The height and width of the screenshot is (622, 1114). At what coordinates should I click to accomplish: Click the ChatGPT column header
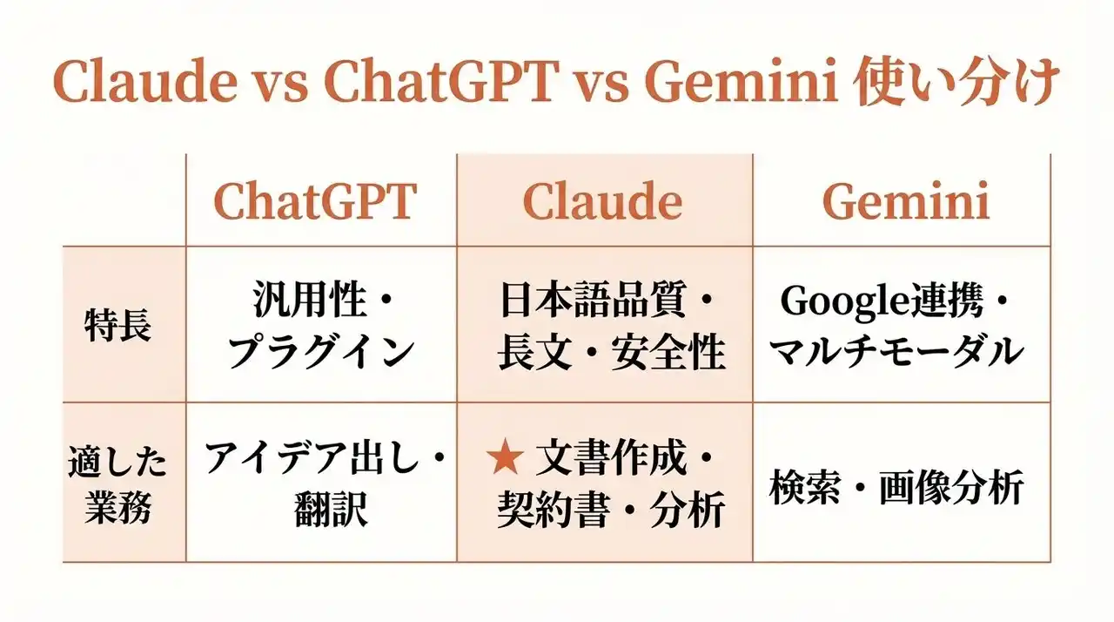coord(315,201)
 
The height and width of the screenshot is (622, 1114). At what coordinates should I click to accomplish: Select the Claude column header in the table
coord(603,201)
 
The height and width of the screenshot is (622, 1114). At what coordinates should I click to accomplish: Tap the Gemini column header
coord(906,201)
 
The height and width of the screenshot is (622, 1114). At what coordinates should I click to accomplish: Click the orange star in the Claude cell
coord(506,456)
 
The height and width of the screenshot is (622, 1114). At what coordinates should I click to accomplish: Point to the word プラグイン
coord(321,352)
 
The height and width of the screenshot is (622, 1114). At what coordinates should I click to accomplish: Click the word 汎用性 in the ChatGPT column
coord(309,300)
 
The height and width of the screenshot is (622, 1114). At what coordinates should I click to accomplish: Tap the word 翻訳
coord(332,509)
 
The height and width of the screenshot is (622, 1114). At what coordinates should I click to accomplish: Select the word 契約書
coord(553,509)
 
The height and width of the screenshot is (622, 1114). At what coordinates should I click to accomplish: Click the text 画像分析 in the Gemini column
coord(951,487)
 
